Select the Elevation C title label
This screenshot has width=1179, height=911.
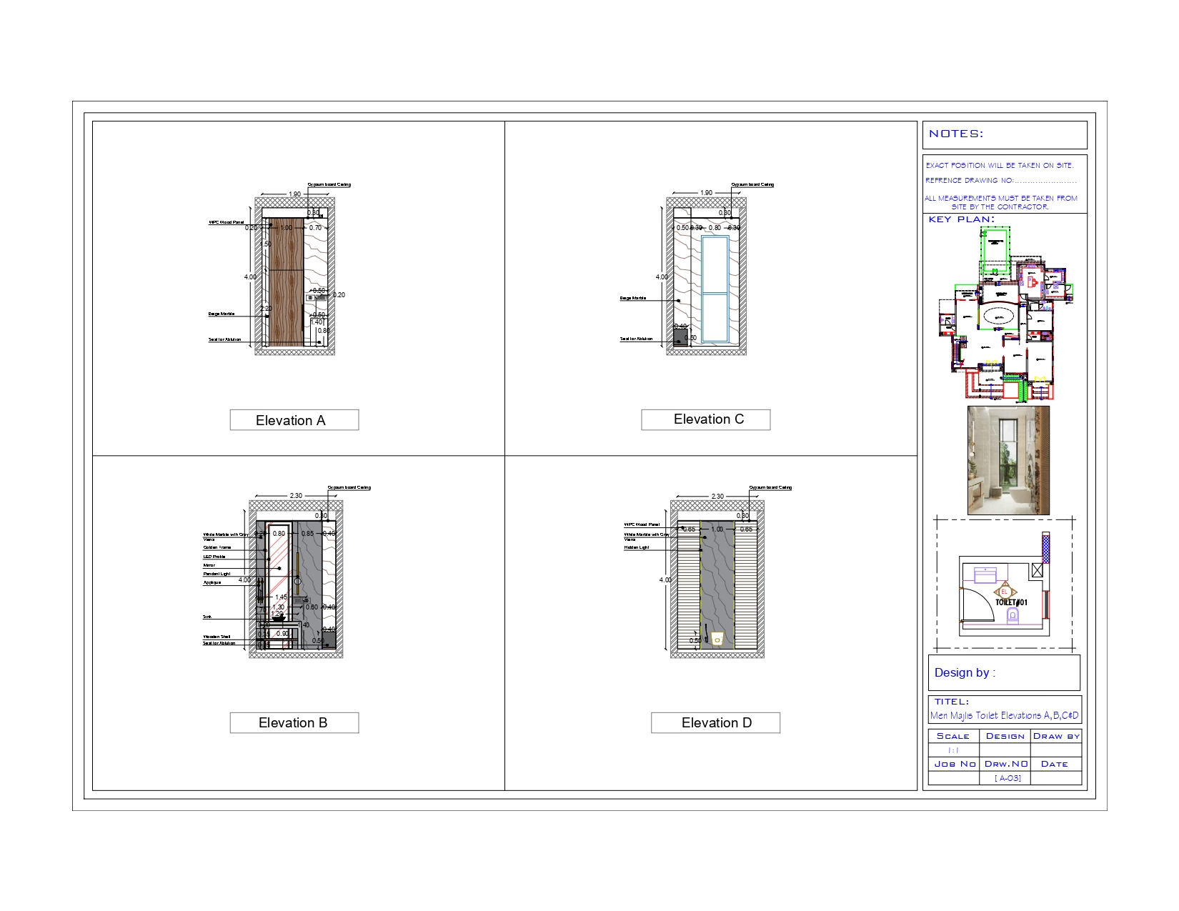coord(705,419)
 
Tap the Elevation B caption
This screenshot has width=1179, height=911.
coord(294,722)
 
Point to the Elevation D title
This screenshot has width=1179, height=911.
coord(715,722)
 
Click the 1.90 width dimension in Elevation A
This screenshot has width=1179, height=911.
coord(294,194)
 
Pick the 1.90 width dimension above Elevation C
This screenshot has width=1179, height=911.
coord(706,193)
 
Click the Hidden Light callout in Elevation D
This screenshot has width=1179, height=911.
coord(637,547)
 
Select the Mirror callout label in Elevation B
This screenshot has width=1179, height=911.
coord(209,565)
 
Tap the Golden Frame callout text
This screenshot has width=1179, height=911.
coord(217,547)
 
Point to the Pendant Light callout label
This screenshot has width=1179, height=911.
coord(217,574)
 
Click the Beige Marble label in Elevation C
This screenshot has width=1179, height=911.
coord(633,298)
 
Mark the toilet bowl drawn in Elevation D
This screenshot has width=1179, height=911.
coord(717,639)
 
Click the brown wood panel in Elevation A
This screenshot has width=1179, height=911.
coord(287,282)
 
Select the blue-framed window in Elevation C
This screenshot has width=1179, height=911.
coord(715,289)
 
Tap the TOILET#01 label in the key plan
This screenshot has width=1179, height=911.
coord(1011,602)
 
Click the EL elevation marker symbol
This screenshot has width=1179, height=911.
coord(1004,592)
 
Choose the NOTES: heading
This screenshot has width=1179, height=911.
coord(956,134)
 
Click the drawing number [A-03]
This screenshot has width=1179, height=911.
coord(1008,778)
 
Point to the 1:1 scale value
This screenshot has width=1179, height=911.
coord(953,750)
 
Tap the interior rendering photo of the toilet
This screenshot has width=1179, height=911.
coord(1008,460)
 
